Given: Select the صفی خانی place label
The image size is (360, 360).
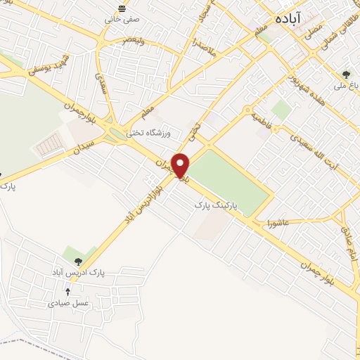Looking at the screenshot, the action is tap(118, 19).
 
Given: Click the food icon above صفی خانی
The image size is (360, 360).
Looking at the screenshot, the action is tap(122, 8).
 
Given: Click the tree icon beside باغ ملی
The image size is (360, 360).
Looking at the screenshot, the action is tap(345, 74).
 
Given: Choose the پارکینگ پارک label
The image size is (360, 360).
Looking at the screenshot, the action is tap(218, 205).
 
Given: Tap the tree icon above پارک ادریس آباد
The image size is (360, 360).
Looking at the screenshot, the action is tap(67, 261).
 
